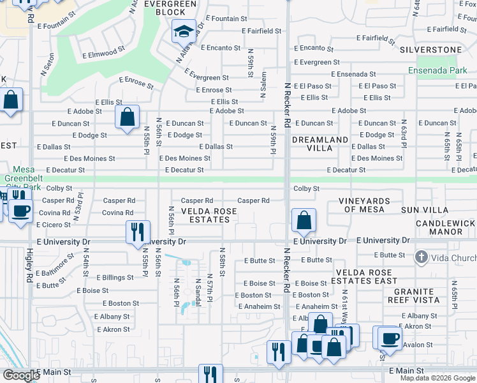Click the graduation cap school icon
click(x=183, y=31)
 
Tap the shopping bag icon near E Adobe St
click(x=128, y=117)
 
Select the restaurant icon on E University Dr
click(x=138, y=232)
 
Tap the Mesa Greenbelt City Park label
click(x=23, y=179)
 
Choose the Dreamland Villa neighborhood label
click(x=320, y=144)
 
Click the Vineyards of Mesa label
click(x=361, y=205)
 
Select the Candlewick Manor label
click(x=444, y=228)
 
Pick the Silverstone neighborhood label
click(x=430, y=49)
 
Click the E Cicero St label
click(x=54, y=225)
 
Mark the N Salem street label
click(x=263, y=85)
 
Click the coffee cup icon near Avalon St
click(x=390, y=339)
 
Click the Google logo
click(x=21, y=376)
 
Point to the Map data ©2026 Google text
click(x=437, y=378)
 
